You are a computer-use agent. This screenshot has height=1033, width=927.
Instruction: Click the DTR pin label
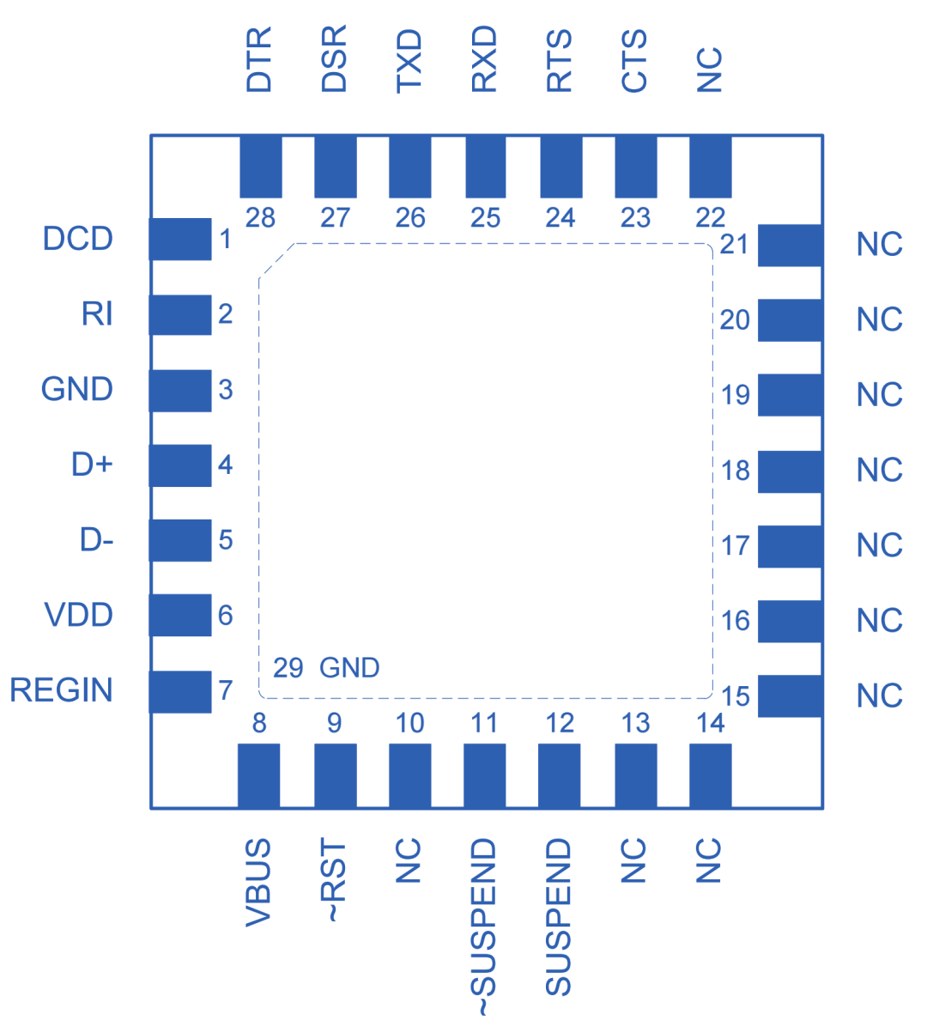(x=258, y=59)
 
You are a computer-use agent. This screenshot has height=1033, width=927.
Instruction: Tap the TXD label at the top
(x=409, y=60)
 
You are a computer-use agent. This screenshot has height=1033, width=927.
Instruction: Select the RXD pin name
(x=485, y=59)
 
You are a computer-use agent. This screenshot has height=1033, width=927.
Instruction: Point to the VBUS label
(x=258, y=883)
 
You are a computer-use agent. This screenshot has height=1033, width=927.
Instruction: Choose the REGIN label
(x=62, y=690)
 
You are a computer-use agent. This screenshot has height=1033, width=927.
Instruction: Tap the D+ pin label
(x=92, y=465)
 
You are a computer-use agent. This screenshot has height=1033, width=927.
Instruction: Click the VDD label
(x=78, y=615)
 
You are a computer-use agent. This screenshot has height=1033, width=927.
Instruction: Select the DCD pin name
(x=77, y=240)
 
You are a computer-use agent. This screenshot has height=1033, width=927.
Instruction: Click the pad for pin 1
(x=180, y=239)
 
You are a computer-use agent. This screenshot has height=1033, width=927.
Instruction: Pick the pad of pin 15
(x=790, y=696)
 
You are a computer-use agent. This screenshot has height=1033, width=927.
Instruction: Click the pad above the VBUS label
(x=258, y=775)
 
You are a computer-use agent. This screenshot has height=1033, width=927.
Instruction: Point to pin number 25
(x=485, y=218)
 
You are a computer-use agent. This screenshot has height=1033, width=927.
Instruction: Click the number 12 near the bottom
(x=560, y=723)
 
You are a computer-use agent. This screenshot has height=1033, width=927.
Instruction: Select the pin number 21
(x=735, y=245)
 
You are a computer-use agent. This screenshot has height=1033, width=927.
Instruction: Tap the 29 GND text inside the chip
(x=326, y=667)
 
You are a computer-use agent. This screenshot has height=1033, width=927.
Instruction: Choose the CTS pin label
(x=635, y=60)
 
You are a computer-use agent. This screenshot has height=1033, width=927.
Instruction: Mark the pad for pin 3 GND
(x=180, y=391)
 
